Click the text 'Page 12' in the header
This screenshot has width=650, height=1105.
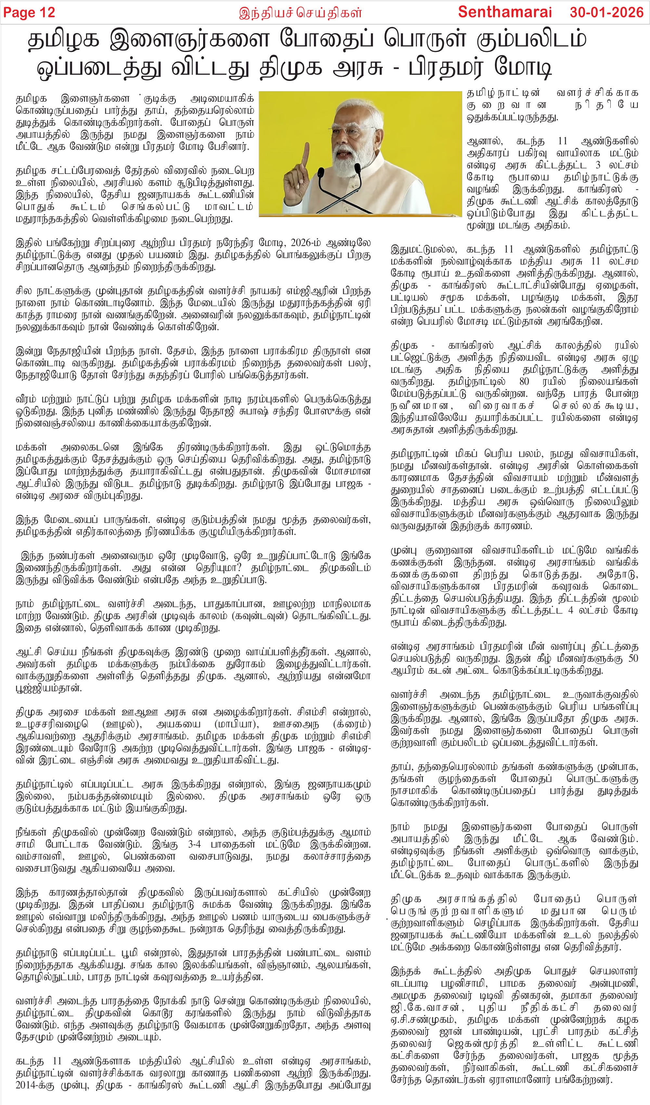point(29,12)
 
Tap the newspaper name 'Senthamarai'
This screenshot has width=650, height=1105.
point(504,12)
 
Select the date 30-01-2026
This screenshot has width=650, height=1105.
point(606,12)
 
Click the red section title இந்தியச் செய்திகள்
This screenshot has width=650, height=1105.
point(300,13)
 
